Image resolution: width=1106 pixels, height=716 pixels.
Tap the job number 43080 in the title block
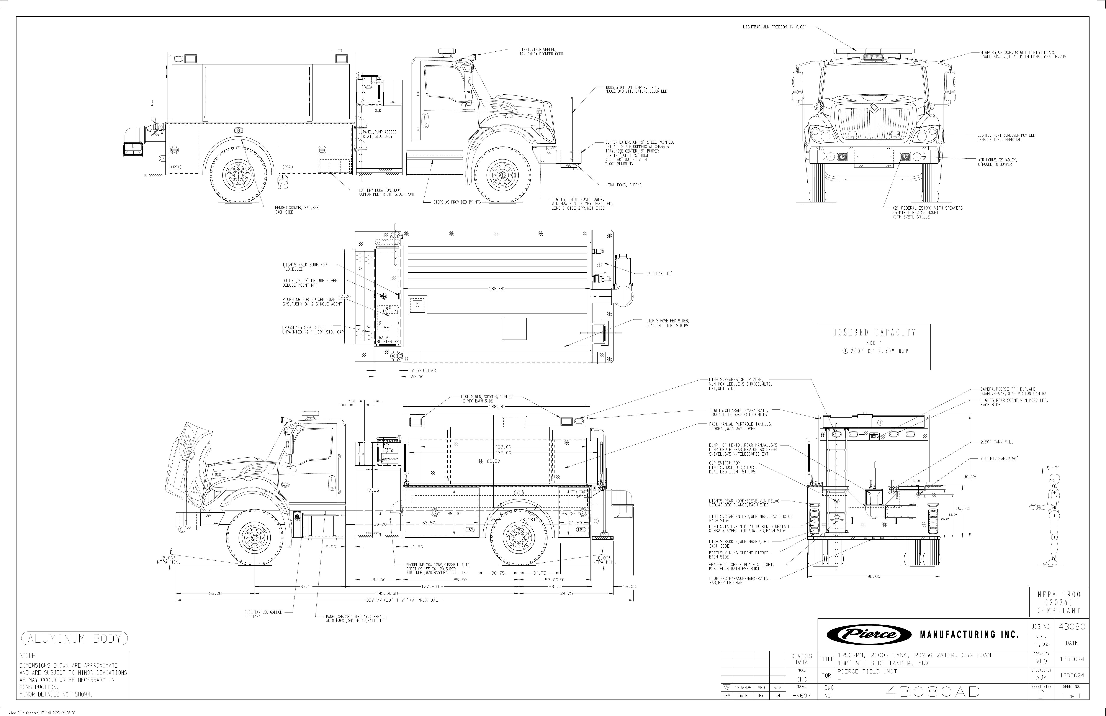[1072, 626]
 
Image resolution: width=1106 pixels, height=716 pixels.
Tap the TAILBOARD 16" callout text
[659, 273]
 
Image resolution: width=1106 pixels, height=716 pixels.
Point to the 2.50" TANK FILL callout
[997, 442]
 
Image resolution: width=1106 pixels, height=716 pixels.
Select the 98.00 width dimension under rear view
[874, 576]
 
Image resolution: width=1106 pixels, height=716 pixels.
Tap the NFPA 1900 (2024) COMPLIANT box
[1059, 602]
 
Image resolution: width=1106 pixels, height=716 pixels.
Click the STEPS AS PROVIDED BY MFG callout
[457, 202]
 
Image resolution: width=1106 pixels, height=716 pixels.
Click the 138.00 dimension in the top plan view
[496, 289]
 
